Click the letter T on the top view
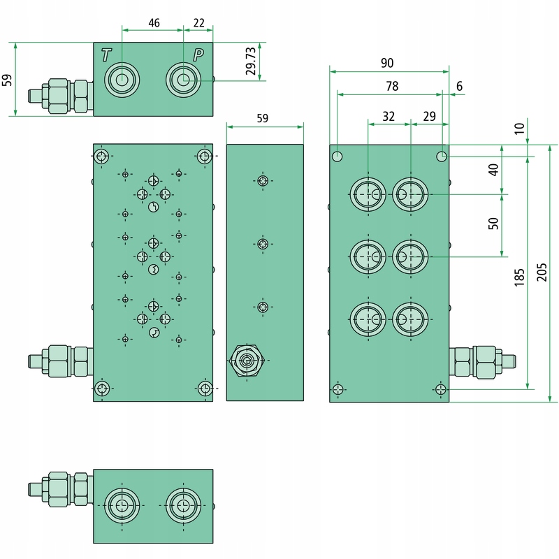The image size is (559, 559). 106,55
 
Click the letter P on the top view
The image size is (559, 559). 198,55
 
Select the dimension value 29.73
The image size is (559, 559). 251,61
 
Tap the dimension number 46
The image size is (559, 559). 154,23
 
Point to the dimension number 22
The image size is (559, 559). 199,23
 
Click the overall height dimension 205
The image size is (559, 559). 542,273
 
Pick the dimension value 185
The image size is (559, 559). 519,277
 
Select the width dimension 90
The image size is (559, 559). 387,63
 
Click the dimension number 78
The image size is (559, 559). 392,86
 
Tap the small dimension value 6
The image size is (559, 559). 460,86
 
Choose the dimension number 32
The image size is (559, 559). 389,117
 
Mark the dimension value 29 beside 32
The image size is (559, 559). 429,117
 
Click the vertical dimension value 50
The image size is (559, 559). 493,224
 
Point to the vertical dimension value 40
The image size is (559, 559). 493,170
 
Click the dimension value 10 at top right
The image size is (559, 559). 519,129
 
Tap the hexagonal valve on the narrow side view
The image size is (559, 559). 247,361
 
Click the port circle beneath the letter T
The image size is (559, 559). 122,80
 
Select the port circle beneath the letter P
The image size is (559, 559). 183,80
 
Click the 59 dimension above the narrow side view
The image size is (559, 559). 263,118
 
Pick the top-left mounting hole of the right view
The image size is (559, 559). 337,156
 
